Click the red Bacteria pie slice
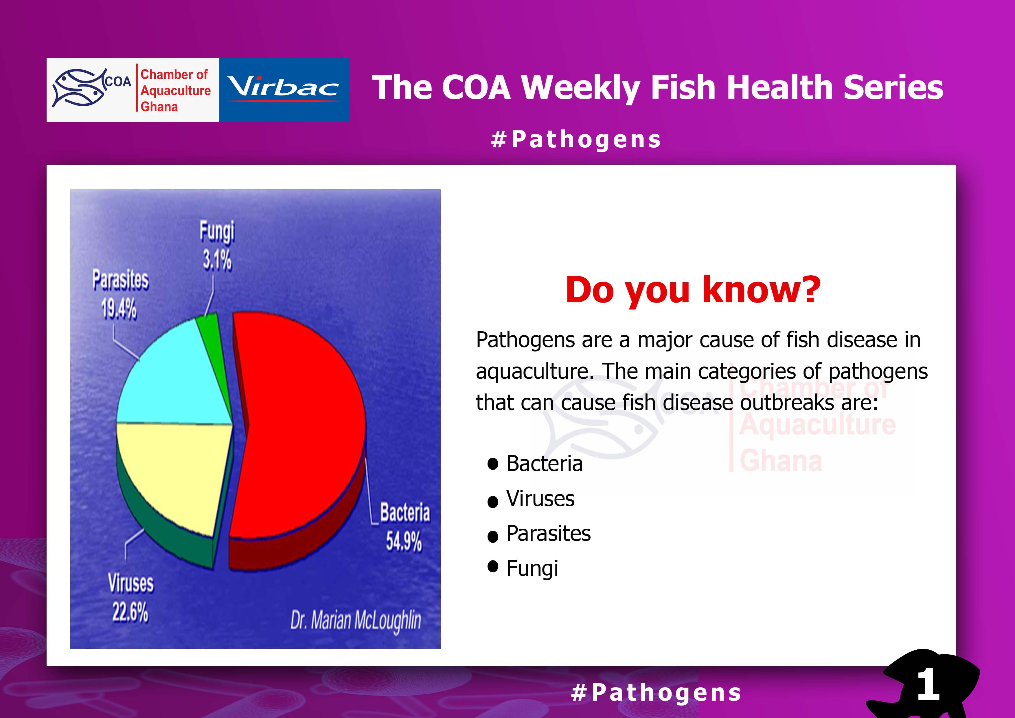301,425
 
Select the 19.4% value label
119,308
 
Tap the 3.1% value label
217,260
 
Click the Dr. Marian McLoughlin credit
355,621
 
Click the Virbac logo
284,90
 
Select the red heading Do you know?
693,290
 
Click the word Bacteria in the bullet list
544,464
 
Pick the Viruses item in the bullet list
540,499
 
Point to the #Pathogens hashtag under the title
576,140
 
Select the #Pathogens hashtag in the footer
656,692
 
